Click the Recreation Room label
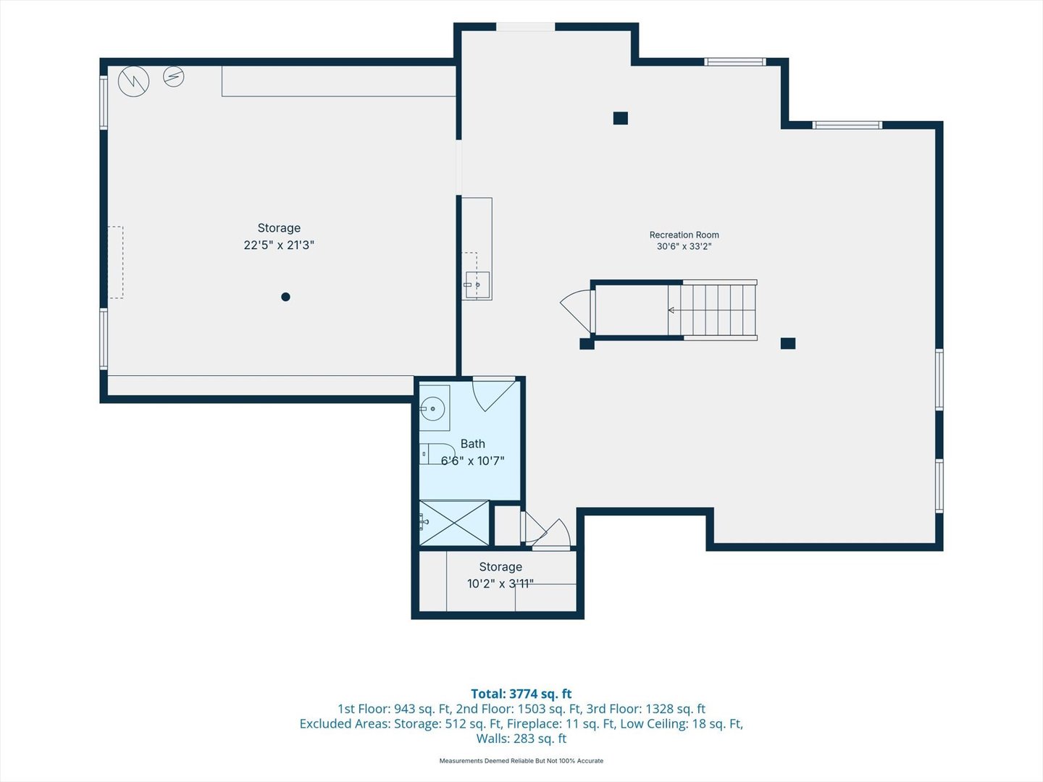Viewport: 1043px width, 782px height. (684, 235)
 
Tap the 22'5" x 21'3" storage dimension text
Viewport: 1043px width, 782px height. (279, 245)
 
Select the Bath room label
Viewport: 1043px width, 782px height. (473, 443)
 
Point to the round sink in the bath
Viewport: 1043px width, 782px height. (432, 408)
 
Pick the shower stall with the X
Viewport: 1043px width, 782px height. (454, 523)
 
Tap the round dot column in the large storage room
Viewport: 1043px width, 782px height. (285, 297)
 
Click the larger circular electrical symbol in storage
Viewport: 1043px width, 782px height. (133, 81)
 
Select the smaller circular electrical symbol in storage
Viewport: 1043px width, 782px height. (173, 76)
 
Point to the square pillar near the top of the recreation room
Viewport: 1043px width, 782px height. (620, 118)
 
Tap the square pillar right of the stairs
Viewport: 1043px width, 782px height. (788, 342)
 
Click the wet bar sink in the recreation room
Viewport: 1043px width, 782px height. (477, 285)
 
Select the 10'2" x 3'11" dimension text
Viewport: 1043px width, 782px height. (500, 584)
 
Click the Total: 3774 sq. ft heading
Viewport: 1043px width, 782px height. (521, 694)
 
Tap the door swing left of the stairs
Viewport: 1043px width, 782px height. (577, 311)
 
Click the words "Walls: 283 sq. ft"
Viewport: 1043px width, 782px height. (521, 739)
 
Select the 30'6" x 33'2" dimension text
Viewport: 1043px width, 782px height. (684, 246)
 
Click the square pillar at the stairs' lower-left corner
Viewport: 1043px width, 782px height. (587, 343)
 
